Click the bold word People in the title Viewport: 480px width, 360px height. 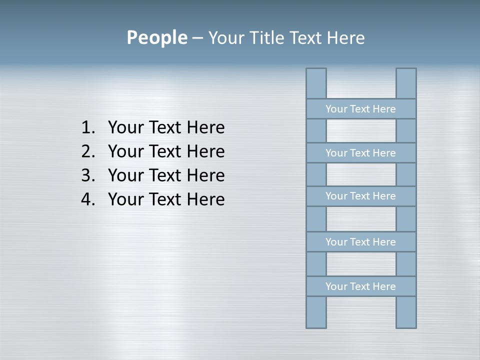pyautogui.click(x=156, y=37)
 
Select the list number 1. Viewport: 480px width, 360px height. pyautogui.click(x=87, y=128)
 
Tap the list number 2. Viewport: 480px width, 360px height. pyautogui.click(x=87, y=151)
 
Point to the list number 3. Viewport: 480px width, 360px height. pyautogui.click(x=87, y=175)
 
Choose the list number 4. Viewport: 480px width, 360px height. pyautogui.click(x=87, y=199)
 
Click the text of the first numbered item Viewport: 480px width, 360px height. pyautogui.click(x=166, y=128)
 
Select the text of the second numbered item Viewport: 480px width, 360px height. pyautogui.click(x=166, y=151)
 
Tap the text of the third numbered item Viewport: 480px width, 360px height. pyautogui.click(x=166, y=175)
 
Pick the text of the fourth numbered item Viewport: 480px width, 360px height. pyautogui.click(x=166, y=199)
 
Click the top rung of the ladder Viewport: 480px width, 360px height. pyautogui.click(x=360, y=109)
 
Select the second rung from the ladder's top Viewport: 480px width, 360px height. pyautogui.click(x=360, y=153)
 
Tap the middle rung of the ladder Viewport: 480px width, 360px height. pyautogui.click(x=360, y=196)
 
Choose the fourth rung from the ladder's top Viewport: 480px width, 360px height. pyautogui.click(x=360, y=242)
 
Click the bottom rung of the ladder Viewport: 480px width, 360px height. pyautogui.click(x=360, y=286)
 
